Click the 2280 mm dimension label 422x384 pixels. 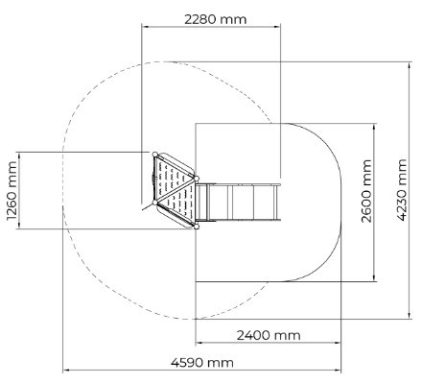216,19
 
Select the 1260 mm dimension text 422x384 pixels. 12,191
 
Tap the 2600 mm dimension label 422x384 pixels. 366,191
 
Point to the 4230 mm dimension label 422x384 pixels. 402,190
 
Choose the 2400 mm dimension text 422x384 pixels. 269,335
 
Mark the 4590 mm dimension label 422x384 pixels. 202,363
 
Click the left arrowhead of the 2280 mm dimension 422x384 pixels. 145,27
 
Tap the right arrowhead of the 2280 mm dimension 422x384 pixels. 277,27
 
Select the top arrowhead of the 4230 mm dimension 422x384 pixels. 410,65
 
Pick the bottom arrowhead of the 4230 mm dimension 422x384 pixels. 410,315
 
